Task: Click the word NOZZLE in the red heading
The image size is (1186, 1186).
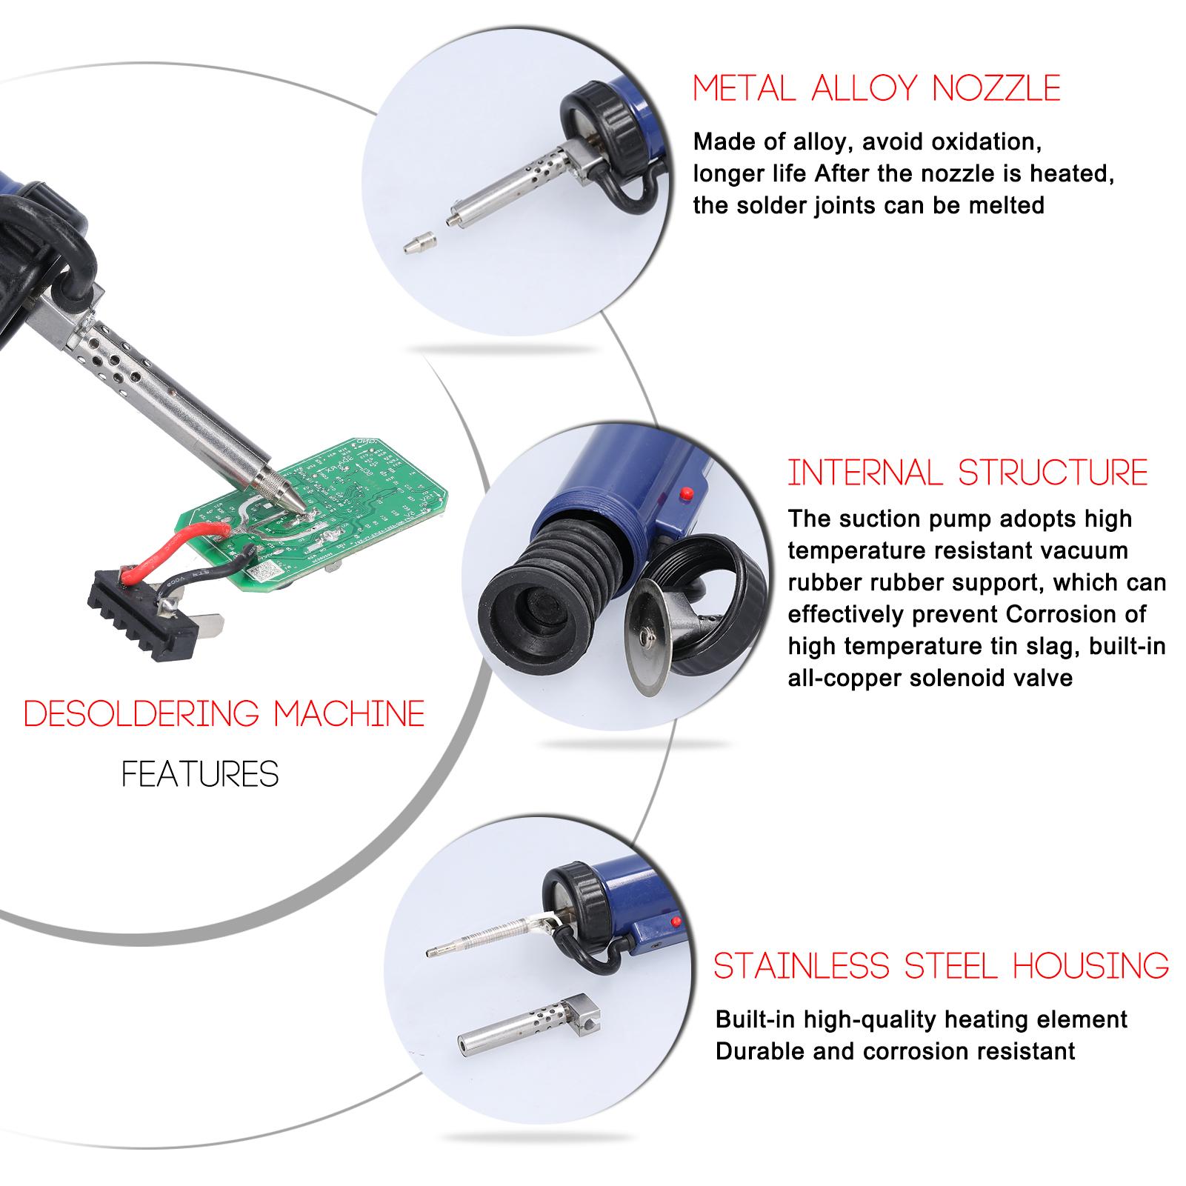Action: pos(996,88)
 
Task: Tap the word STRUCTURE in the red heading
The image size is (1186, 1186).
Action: pos(1053,473)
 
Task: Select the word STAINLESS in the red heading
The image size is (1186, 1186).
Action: pos(804,966)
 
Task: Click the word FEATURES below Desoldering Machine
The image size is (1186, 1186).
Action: pos(200,775)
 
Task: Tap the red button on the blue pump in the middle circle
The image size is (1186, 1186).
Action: pos(686,491)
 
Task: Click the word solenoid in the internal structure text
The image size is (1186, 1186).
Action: pos(965,678)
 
